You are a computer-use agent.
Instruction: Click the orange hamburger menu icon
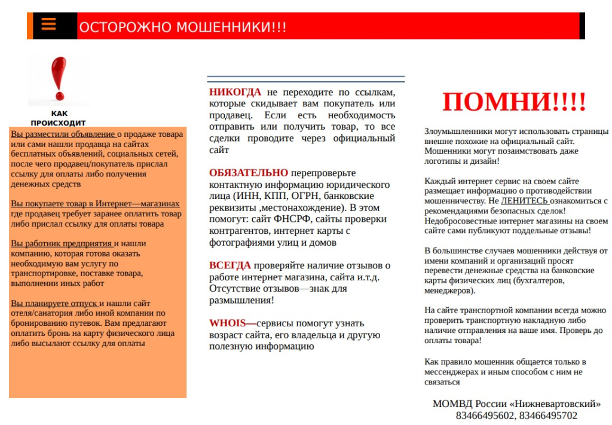48,24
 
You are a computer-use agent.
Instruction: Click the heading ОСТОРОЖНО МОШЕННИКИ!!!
182,27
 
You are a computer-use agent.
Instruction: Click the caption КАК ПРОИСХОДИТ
59,118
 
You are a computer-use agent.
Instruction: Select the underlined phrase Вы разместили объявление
63,134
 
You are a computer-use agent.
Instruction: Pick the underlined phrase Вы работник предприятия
62,244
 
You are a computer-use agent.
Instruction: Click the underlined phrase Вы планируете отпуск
54,304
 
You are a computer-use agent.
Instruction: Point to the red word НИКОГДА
235,92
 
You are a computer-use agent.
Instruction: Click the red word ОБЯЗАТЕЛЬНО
248,173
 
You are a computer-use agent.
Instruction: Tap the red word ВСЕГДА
230,265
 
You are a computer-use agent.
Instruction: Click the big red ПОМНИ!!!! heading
514,102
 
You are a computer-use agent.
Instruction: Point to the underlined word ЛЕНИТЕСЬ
524,201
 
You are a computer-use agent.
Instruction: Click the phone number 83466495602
485,415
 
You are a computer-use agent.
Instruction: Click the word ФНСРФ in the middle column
290,219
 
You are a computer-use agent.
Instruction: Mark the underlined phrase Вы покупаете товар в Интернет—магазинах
95,204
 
